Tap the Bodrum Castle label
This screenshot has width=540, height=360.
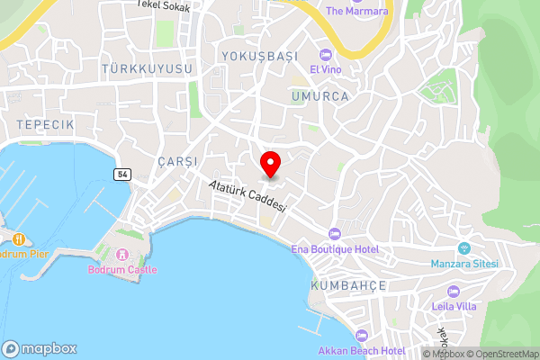[122, 269]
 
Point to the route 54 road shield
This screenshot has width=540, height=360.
[121, 172]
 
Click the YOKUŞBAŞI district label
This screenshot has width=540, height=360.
[259, 56]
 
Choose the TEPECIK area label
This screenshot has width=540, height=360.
[44, 122]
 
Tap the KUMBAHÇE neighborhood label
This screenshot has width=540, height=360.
[348, 284]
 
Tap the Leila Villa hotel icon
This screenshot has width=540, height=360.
[452, 291]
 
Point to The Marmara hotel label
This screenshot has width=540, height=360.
[357, 11]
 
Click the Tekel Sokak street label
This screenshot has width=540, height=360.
[165, 4]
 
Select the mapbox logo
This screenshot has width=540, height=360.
[40, 348]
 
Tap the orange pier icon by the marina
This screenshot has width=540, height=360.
[17, 238]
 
